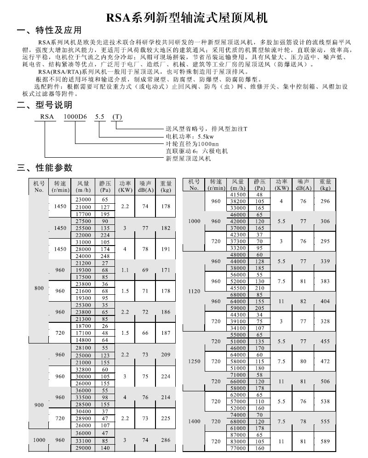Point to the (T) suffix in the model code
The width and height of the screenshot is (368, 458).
coord(117,117)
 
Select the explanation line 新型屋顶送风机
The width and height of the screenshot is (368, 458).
coord(188,158)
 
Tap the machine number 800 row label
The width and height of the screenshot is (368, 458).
coord(39,288)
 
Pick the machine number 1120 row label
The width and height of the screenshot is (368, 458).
coord(195,291)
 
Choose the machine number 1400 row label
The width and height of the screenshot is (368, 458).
coord(195,421)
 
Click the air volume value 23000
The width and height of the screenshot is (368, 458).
coord(83,200)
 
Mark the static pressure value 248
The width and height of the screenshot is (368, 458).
coord(105,256)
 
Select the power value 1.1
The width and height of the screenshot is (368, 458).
coord(125,270)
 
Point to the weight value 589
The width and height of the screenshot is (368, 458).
coord(326,441)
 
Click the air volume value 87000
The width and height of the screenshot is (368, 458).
coord(237,435)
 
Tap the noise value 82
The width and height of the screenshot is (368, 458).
coord(303,301)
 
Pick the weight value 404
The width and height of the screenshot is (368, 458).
coord(326,301)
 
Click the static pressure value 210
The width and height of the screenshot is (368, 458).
coord(260,288)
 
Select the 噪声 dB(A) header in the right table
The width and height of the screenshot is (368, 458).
coord(303,185)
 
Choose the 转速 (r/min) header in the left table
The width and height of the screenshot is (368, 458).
coord(60,186)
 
